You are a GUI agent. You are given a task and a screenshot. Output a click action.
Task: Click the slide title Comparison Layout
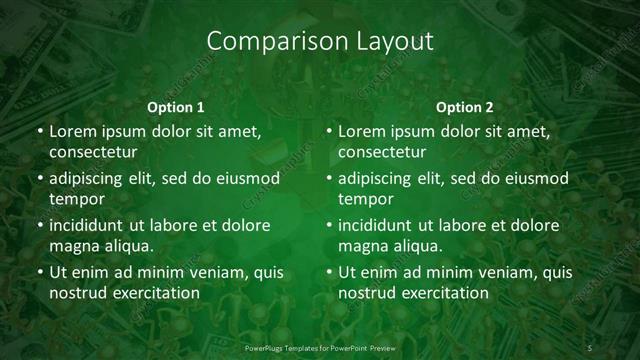[x=319, y=42]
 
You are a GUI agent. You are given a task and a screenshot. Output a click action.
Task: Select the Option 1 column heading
[x=176, y=107]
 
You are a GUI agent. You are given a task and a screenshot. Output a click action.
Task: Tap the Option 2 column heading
[x=465, y=107]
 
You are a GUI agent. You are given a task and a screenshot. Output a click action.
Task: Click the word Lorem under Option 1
[x=72, y=131]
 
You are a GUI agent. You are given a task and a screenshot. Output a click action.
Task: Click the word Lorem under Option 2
[x=361, y=131]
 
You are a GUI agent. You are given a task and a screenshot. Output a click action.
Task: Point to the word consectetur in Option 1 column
[x=93, y=153]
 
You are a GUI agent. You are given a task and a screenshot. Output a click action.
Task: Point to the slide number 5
[x=590, y=347]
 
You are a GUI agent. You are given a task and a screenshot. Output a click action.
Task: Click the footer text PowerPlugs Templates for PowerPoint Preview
[x=319, y=347]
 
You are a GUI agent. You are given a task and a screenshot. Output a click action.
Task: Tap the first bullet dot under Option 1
[x=39, y=132]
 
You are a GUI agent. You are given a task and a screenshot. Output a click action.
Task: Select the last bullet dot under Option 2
[x=328, y=272]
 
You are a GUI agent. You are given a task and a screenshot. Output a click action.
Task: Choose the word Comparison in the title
[x=262, y=42]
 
